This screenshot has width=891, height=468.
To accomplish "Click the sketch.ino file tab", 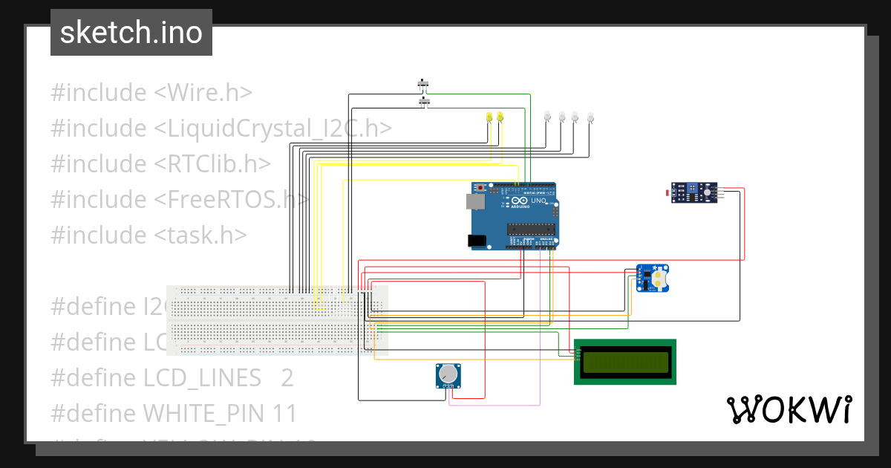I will click(x=131, y=33).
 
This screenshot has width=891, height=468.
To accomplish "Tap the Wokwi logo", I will click(x=789, y=409).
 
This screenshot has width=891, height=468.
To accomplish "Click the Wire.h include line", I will click(x=151, y=93).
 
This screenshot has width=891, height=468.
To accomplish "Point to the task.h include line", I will click(x=148, y=235).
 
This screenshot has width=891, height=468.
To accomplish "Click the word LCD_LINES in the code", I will click(x=201, y=377).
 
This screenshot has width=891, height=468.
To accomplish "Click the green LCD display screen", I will click(x=624, y=362).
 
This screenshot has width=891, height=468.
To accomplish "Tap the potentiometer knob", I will click(x=448, y=374).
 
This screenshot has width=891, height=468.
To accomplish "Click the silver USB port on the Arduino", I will click(x=473, y=201).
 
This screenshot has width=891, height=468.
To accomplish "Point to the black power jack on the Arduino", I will click(x=477, y=240).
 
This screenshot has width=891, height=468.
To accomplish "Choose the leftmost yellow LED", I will click(x=489, y=117).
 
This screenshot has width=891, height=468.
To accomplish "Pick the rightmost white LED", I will click(x=590, y=117).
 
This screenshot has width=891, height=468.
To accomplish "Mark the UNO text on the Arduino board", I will click(x=538, y=201).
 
